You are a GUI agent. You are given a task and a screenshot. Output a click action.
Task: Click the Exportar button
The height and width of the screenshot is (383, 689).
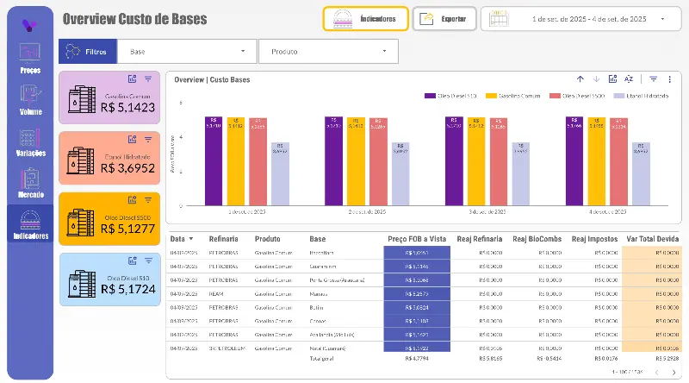click(444, 18)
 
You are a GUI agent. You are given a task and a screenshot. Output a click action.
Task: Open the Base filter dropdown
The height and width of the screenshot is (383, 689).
click(187, 52)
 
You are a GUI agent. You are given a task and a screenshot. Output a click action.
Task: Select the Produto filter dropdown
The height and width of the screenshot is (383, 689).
click(328, 52)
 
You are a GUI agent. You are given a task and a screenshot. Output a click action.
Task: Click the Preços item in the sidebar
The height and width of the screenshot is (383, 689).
click(29, 56)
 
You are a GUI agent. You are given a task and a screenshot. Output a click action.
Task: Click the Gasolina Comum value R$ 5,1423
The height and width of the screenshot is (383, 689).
click(127, 108)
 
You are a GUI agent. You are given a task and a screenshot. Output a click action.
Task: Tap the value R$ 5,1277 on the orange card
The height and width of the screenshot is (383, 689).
click(127, 229)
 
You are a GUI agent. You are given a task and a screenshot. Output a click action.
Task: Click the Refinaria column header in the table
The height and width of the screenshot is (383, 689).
click(224, 239)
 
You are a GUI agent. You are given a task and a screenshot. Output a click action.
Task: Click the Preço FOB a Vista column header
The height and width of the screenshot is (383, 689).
click(417, 239)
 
